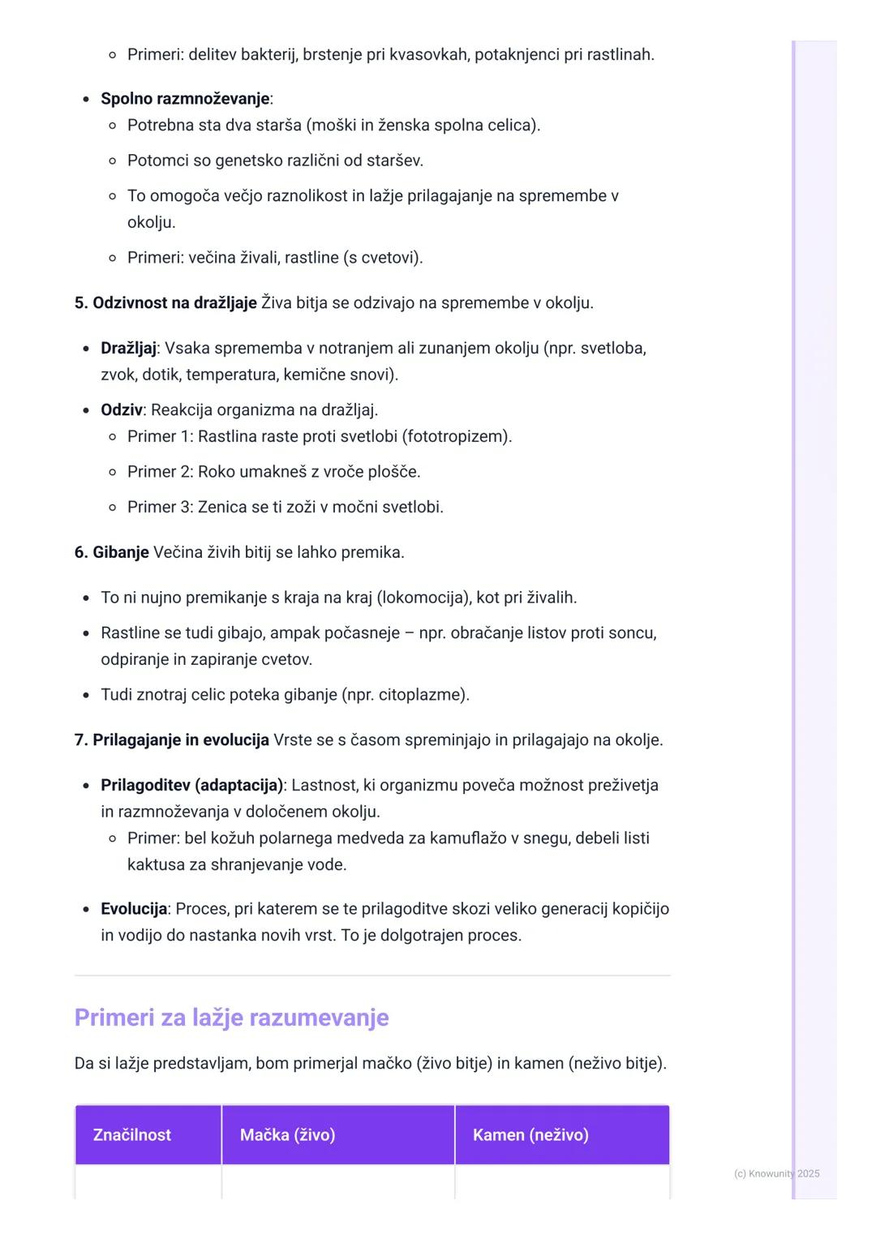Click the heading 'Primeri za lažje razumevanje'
tap(231, 1018)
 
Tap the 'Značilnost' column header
tap(131, 1134)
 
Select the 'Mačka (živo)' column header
tap(287, 1134)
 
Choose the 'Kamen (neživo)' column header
tap(530, 1134)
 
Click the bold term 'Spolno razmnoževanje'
tap(185, 99)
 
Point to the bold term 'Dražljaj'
tap(128, 349)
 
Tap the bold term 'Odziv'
tap(122, 410)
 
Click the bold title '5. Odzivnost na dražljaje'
tap(165, 303)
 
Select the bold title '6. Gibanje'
tap(112, 553)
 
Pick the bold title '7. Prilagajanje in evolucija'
tap(172, 740)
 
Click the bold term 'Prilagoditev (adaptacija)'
tap(191, 786)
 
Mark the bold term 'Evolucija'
tap(134, 909)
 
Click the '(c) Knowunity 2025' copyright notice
tap(776, 1173)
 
